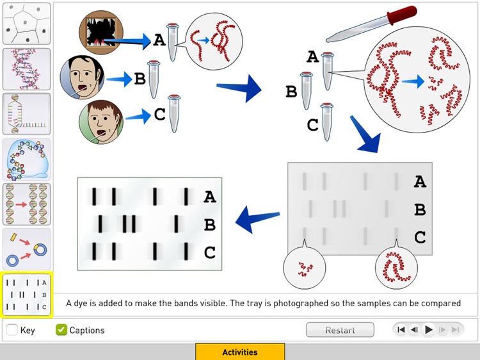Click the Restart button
[340, 330]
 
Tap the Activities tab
[240, 352]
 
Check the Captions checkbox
[61, 330]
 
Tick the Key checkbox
[12, 330]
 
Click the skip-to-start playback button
[401, 330]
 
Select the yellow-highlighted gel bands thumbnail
[26, 294]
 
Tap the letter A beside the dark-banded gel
[209, 197]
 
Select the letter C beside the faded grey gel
[420, 238]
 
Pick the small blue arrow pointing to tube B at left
[118, 79]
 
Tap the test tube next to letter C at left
[174, 113]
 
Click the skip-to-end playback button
[456, 330]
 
